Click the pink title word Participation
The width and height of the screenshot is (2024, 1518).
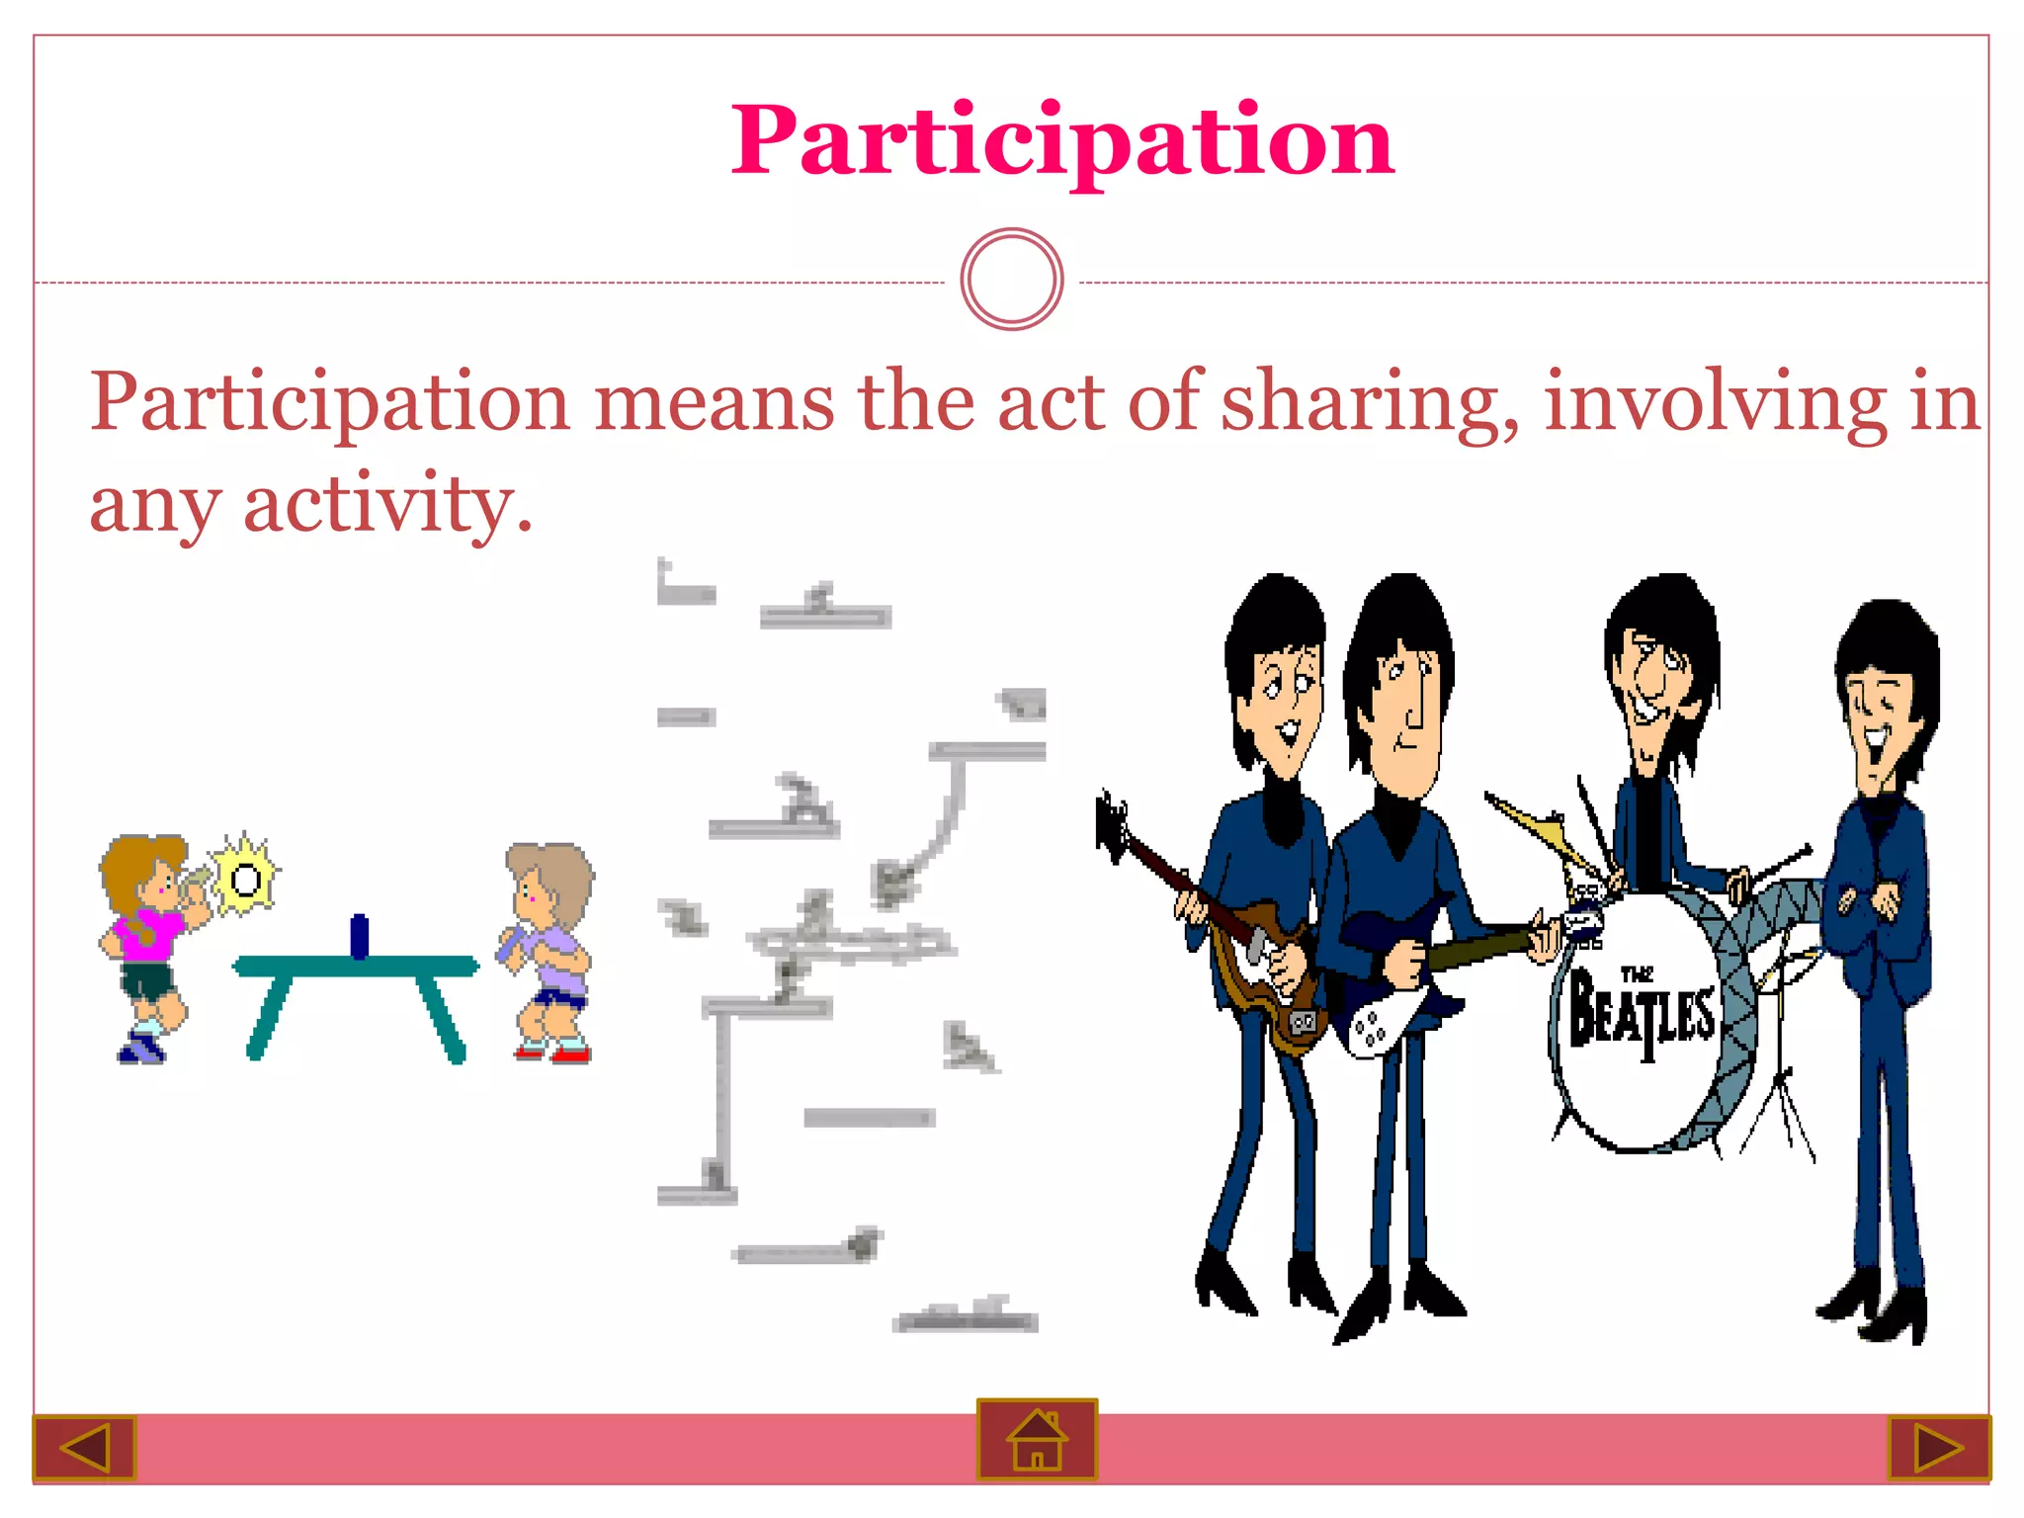pos(1062,141)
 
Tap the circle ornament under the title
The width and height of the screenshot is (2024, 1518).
pos(1011,280)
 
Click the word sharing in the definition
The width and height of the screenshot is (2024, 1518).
pos(1369,403)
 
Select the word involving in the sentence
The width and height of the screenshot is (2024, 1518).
pos(1715,403)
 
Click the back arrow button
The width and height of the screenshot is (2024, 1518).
pos(84,1448)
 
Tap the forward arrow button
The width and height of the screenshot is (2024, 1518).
pos(1938,1448)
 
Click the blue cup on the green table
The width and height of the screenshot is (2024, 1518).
pos(360,935)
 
